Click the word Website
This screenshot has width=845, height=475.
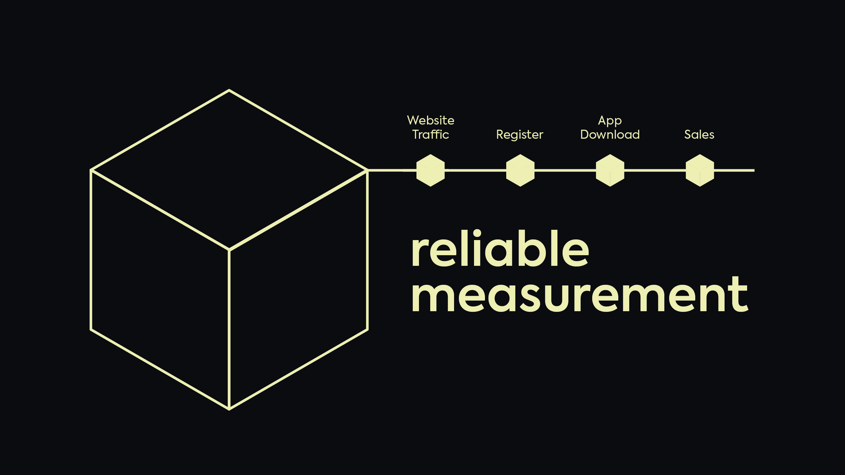click(430, 120)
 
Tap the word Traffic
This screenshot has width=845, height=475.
click(430, 135)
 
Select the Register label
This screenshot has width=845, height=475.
click(520, 135)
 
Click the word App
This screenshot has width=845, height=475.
click(610, 121)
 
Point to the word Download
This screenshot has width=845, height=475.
click(610, 135)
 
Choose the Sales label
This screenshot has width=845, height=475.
click(699, 135)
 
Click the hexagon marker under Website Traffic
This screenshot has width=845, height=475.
click(430, 171)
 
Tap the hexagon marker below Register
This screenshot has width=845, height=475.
click(520, 171)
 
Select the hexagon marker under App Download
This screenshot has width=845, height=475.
click(610, 171)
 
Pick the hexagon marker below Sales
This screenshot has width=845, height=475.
click(700, 171)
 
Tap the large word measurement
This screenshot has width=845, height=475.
click(579, 295)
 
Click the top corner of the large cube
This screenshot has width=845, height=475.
click(229, 90)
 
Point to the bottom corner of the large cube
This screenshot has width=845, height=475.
click(229, 409)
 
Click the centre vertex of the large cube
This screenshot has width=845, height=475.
click(229, 250)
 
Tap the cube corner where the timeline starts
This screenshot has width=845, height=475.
click(367, 170)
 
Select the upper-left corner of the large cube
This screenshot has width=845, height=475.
click(91, 170)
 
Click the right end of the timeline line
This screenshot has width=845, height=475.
click(753, 171)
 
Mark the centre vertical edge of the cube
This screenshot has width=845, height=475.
click(229, 330)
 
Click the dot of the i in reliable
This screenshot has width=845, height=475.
click(477, 233)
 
